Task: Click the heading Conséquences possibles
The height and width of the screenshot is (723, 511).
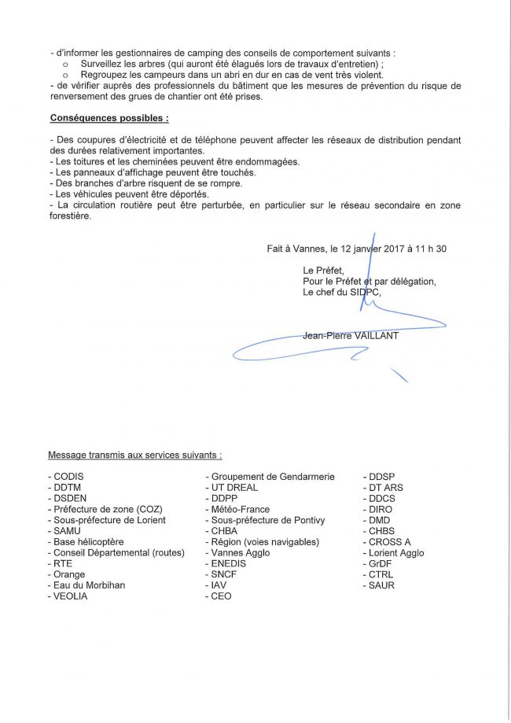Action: (x=108, y=118)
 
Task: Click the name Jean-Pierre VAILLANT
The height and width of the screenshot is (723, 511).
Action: (x=351, y=336)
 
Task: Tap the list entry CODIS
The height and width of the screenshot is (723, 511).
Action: (x=68, y=477)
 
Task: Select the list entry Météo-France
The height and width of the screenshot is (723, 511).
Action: (x=239, y=510)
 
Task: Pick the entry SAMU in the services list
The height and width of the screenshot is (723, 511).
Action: (x=67, y=531)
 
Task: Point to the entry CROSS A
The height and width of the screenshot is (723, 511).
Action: (x=389, y=542)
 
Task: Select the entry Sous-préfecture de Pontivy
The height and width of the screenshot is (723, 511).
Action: (x=267, y=520)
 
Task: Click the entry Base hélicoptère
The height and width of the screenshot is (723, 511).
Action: (x=88, y=542)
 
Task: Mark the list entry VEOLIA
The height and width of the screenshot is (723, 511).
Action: (x=70, y=596)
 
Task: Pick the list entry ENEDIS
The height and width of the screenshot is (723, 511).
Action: (x=228, y=564)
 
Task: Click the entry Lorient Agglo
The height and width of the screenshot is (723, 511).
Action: (x=396, y=553)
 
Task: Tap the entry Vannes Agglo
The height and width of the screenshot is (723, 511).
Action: (x=240, y=553)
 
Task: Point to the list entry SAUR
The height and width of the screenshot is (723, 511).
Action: (x=381, y=585)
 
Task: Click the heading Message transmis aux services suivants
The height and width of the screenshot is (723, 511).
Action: (x=134, y=455)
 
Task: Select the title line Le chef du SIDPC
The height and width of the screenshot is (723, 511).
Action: (x=341, y=293)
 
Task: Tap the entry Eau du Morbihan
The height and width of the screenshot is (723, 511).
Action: (x=89, y=585)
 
